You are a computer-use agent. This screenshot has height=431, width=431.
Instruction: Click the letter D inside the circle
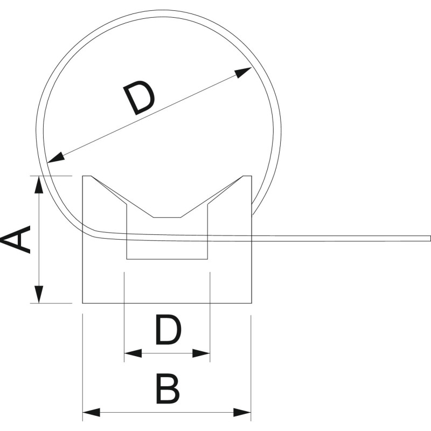(139, 98)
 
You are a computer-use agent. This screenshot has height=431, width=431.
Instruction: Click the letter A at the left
(16, 239)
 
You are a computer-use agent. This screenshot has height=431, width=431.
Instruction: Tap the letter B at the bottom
(168, 388)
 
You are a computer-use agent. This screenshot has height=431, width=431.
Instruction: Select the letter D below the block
(169, 330)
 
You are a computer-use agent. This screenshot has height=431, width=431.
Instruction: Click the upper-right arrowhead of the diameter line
(244, 72)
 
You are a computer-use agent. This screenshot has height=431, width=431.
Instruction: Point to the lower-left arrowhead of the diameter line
(56, 157)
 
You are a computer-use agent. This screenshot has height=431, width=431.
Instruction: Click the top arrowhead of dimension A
(39, 184)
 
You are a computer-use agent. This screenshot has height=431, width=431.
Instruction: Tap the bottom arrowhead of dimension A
(39, 294)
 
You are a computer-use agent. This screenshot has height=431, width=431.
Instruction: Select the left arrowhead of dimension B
(91, 412)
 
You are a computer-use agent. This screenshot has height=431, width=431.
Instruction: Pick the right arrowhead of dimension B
(242, 412)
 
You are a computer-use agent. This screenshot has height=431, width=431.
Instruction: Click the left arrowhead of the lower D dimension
(133, 353)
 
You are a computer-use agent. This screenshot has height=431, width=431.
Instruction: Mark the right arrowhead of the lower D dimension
(201, 353)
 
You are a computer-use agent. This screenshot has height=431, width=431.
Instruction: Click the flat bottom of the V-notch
(167, 218)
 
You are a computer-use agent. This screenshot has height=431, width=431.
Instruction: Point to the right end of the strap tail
(430, 238)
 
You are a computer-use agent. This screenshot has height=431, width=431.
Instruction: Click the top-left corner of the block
(83, 176)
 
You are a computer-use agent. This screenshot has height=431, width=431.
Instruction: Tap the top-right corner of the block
(252, 176)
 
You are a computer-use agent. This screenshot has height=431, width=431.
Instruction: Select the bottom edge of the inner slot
(167, 259)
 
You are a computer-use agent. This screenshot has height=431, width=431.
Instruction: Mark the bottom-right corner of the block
(252, 303)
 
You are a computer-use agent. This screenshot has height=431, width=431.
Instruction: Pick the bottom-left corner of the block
(83, 303)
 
